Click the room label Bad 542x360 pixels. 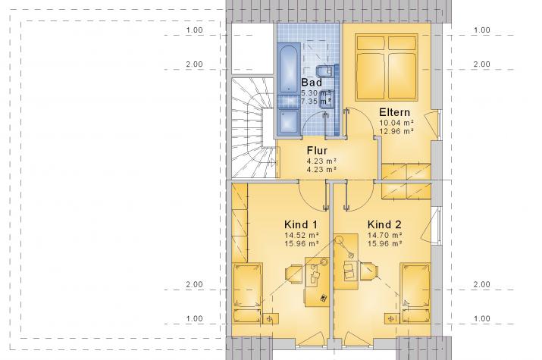click(312, 82)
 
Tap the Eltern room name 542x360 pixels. click(395, 112)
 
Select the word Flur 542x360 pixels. click(317, 150)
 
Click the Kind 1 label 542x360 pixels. click(300, 225)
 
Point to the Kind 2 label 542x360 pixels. click(384, 225)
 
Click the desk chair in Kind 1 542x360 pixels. click(293, 273)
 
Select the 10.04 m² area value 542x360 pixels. click(396, 123)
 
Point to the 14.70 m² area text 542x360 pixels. click(382, 236)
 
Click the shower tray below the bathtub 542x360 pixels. click(290, 120)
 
